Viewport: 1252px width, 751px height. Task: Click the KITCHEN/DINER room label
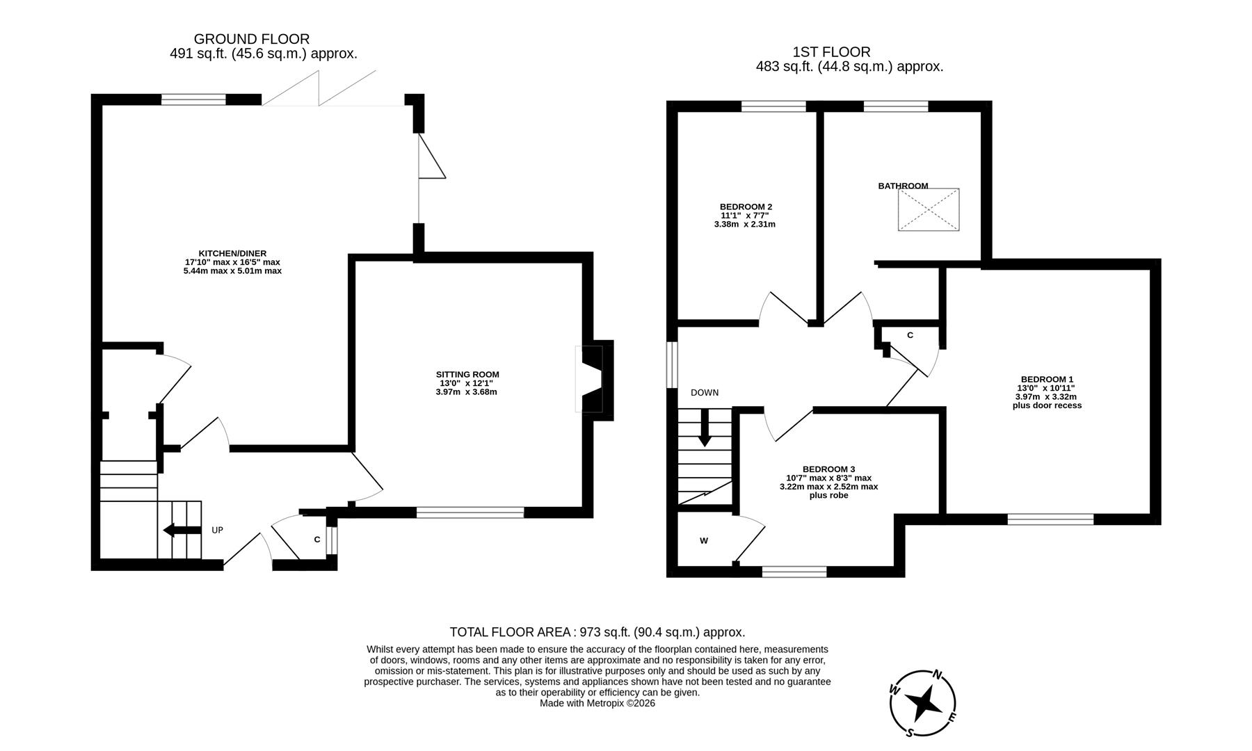pos(232,254)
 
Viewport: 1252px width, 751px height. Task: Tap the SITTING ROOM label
pos(467,375)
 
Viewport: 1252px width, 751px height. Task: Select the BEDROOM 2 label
pos(746,207)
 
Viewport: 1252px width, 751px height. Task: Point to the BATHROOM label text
pos(903,186)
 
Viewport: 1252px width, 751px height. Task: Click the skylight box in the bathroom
pos(929,209)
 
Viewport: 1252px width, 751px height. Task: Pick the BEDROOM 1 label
pos(1046,379)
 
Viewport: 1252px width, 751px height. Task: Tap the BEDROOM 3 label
pos(828,469)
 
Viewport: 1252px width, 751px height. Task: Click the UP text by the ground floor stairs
pos(217,530)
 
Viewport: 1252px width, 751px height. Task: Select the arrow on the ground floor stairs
pos(179,531)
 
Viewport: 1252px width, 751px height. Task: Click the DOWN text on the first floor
pos(705,393)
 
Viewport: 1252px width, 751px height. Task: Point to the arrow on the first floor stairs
pos(705,428)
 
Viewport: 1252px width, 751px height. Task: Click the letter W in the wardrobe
pos(704,540)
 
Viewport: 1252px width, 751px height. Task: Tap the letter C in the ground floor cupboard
pos(317,539)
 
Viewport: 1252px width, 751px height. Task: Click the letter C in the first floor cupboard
pos(910,335)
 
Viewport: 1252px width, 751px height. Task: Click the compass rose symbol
pos(923,704)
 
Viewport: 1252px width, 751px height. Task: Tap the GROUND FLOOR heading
pos(251,39)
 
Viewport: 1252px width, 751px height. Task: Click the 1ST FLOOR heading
pos(831,52)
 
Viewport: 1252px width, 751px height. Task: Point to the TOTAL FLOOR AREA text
pos(597,632)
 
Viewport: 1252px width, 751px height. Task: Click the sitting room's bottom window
pos(470,512)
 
